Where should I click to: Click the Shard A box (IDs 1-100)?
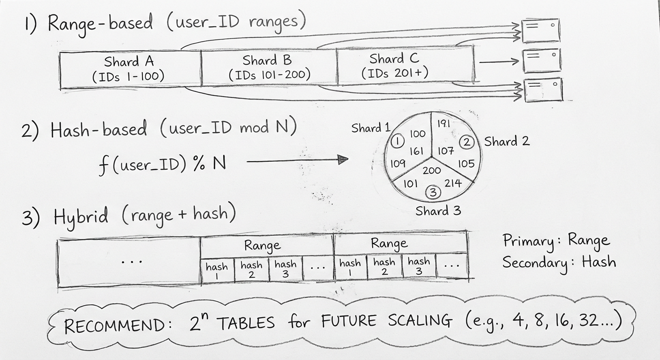(x=129, y=68)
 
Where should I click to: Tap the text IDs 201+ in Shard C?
(x=395, y=73)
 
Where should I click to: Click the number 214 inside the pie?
(x=452, y=183)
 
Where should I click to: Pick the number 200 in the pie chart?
(x=431, y=171)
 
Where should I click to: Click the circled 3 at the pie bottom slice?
(x=433, y=192)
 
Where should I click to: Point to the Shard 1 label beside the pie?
(x=370, y=127)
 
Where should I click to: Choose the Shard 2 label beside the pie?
(x=507, y=141)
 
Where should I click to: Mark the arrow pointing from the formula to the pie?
(x=297, y=161)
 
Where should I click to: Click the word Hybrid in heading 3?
(x=81, y=217)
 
